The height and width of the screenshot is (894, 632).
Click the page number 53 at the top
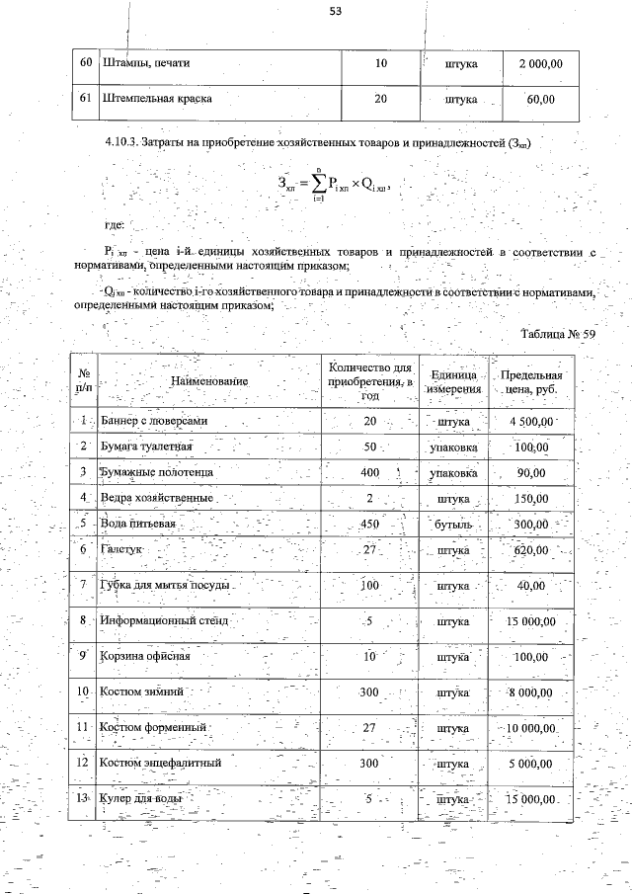335,12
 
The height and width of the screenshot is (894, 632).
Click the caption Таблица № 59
558,334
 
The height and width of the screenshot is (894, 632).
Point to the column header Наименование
208,380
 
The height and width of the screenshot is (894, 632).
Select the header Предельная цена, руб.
531,381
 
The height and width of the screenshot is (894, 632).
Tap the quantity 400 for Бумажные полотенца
370,473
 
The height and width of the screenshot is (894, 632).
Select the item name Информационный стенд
164,621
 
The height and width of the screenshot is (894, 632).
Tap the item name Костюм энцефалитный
160,763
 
